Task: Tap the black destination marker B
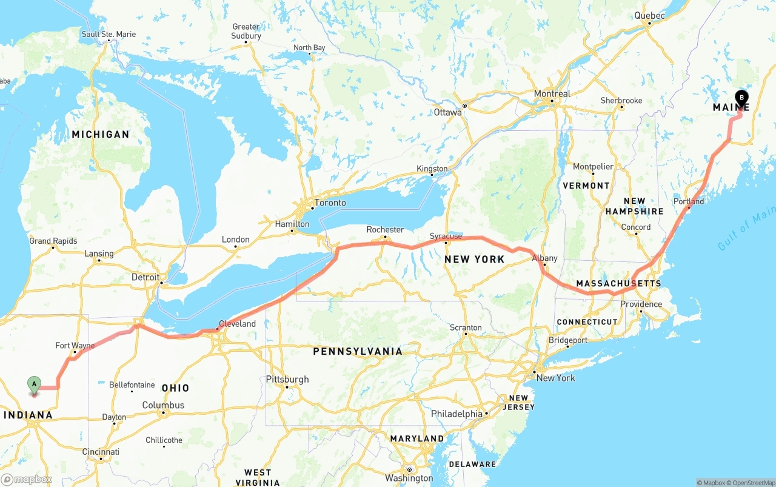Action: pyautogui.click(x=741, y=98)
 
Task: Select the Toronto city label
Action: pyautogui.click(x=330, y=203)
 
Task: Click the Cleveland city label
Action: pyautogui.click(x=237, y=324)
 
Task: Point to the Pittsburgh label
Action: pyautogui.click(x=287, y=380)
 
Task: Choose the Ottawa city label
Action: pyautogui.click(x=448, y=112)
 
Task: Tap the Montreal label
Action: pyautogui.click(x=552, y=93)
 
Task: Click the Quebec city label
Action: pyautogui.click(x=649, y=16)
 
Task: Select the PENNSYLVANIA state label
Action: pyautogui.click(x=357, y=351)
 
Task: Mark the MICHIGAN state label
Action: pyautogui.click(x=101, y=134)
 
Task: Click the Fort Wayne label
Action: pyautogui.click(x=75, y=346)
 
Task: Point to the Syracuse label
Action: pyautogui.click(x=446, y=236)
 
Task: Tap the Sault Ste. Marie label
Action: pyautogui.click(x=109, y=35)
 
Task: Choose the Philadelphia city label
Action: pyautogui.click(x=457, y=414)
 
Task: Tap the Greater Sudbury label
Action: pyautogui.click(x=246, y=31)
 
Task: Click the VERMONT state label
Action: pyautogui.click(x=586, y=186)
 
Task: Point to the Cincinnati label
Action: pyautogui.click(x=101, y=452)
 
